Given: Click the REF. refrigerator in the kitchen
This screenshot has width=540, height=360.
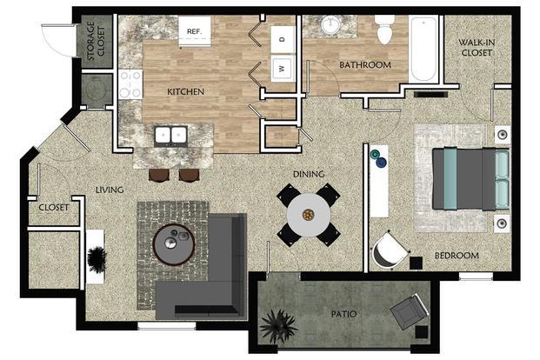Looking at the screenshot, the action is [195, 31].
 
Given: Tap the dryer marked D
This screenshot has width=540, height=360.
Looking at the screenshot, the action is [283, 40].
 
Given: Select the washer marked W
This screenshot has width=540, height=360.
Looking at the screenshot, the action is [283, 68].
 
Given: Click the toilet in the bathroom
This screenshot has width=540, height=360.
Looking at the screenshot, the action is [384, 30].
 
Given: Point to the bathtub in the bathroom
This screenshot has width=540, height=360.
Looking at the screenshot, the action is [423, 49].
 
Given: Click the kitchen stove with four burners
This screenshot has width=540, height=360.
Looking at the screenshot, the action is [130, 84].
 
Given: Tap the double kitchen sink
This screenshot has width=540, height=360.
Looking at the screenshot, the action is [170, 135].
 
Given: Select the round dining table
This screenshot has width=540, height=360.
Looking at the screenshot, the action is [309, 215].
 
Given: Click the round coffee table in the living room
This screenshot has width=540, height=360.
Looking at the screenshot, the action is [174, 244].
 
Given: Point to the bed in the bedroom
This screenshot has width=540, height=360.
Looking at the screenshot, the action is [470, 179].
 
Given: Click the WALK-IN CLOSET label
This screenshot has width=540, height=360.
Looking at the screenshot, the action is [477, 48].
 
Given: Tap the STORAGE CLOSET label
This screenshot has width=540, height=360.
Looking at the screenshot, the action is [96, 41].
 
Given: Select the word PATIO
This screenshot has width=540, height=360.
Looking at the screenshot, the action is [343, 314].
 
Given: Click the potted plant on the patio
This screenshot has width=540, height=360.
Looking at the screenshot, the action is [278, 325].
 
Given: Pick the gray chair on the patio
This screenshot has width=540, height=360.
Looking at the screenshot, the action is [410, 311].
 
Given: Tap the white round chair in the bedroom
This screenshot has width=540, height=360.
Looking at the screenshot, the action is [390, 250].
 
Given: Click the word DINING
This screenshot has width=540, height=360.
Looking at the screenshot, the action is [309, 174].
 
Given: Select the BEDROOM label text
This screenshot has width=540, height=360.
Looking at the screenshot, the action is [457, 256].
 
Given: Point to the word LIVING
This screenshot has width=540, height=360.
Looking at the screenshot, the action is [110, 190].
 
